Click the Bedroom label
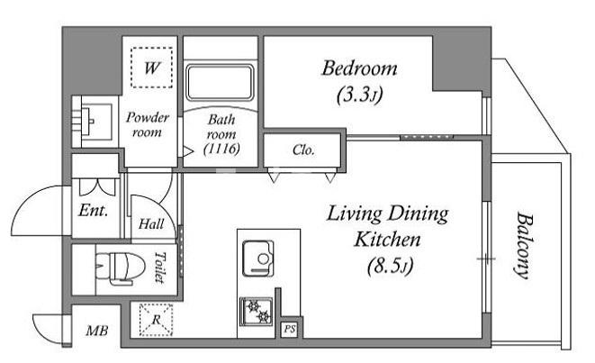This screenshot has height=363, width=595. pyautogui.click(x=359, y=68)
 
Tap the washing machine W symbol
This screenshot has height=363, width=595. pyautogui.click(x=152, y=68)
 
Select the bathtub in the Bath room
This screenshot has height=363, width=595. pyautogui.click(x=221, y=83)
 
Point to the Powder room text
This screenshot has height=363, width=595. pyautogui.click(x=148, y=124)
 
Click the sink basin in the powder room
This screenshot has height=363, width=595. pyautogui.click(x=92, y=122)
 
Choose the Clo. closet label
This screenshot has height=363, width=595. pyautogui.click(x=303, y=150)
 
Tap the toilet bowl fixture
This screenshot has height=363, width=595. pyautogui.click(x=121, y=268)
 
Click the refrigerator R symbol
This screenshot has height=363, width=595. pyautogui.click(x=156, y=320)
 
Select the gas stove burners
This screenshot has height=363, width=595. pyautogui.click(x=257, y=312)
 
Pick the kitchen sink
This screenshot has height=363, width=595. pyautogui.click(x=258, y=259)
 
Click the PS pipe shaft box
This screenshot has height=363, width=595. pyautogui.click(x=290, y=329)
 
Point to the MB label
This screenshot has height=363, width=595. pyautogui.click(x=97, y=331)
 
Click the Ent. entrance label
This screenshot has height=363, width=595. pyautogui.click(x=94, y=210)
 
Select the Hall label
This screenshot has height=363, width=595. pyautogui.click(x=151, y=224)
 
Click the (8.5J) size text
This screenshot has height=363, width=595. pyautogui.click(x=391, y=267)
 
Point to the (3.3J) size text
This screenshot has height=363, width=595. pyautogui.click(x=359, y=95)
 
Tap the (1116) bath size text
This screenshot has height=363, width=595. pyautogui.click(x=221, y=149)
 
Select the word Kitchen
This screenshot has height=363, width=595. pyautogui.click(x=387, y=240)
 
